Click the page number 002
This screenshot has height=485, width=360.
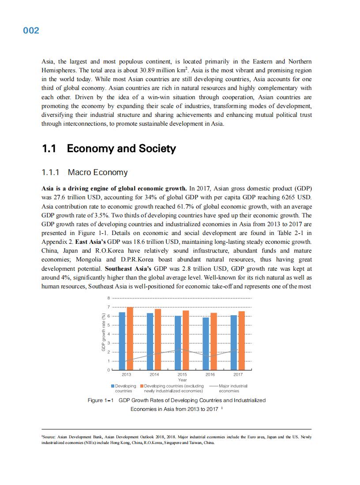(x=31, y=31)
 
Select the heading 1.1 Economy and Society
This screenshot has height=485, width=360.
(x=109, y=149)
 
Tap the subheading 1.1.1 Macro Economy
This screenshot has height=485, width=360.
(x=84, y=172)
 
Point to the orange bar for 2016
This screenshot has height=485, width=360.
(x=214, y=341)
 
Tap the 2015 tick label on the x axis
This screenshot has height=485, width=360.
(x=182, y=375)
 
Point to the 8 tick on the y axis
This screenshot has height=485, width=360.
(x=108, y=298)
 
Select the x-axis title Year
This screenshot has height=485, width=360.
(x=182, y=380)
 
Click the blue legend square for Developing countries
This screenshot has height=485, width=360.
(x=113, y=386)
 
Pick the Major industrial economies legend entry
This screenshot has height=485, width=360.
(x=229, y=388)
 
